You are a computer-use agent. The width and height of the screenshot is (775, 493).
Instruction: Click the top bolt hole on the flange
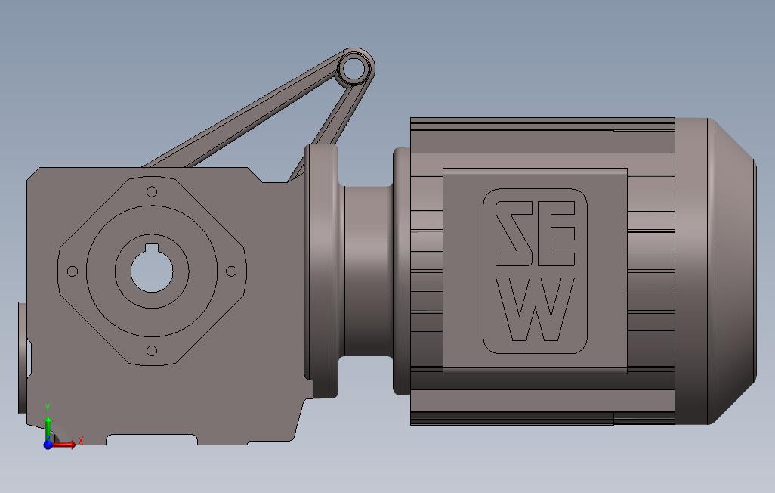coord(152,191)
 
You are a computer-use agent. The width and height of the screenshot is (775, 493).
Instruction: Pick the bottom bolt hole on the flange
coord(151,351)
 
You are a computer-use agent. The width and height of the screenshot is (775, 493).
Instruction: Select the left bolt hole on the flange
coord(73,271)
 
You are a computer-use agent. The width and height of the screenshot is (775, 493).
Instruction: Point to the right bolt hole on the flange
coord(231,271)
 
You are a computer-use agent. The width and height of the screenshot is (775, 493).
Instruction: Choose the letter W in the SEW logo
coord(535,310)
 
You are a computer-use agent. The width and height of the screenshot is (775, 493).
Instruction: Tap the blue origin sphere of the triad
coord(48,445)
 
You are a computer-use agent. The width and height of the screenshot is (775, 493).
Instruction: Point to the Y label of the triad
coord(48,409)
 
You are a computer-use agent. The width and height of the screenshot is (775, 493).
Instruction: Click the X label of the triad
coord(81,440)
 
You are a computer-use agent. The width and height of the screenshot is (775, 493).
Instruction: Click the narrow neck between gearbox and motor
coord(366,271)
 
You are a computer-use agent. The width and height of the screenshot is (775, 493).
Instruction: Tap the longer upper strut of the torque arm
coord(242,113)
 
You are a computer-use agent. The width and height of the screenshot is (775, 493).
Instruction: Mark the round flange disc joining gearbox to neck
coord(321,271)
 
